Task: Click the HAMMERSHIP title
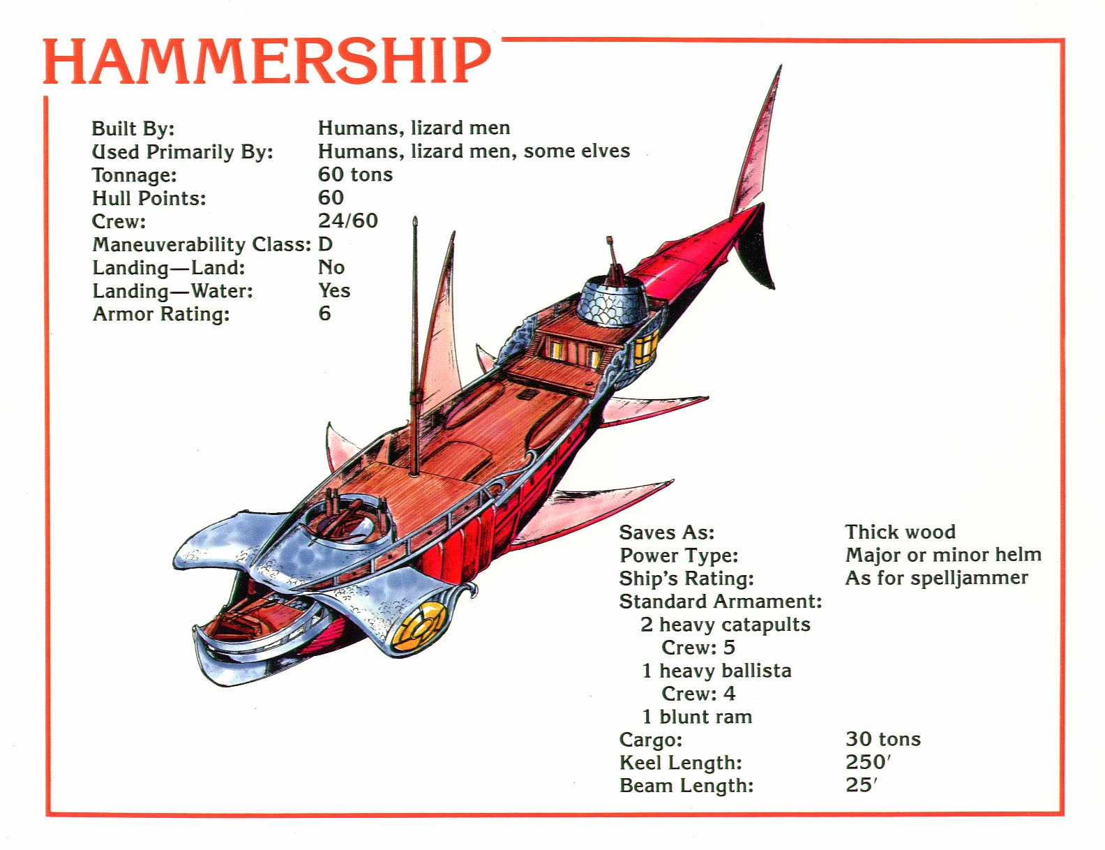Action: click(266, 61)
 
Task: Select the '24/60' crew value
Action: click(347, 221)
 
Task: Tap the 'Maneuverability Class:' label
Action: click(201, 244)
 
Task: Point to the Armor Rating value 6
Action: click(324, 313)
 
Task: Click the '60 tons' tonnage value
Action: click(355, 174)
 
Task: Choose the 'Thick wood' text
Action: click(900, 532)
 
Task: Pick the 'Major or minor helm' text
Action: click(942, 555)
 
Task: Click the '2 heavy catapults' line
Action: click(725, 625)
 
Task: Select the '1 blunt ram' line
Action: click(696, 717)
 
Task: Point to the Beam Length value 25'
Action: click(861, 785)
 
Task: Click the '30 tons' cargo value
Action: click(882, 739)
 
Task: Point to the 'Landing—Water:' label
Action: click(172, 291)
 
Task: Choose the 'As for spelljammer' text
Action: click(936, 578)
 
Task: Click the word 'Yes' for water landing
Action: click(334, 290)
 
